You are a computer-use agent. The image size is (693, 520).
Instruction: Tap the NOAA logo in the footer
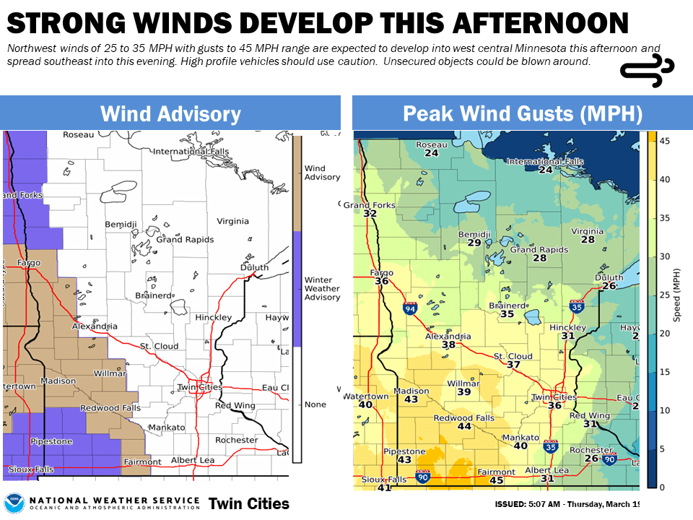[14, 503]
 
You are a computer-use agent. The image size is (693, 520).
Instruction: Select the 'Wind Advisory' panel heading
[170, 113]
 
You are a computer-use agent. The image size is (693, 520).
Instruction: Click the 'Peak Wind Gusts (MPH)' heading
[522, 113]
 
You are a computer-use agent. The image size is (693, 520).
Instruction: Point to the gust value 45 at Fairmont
[496, 481]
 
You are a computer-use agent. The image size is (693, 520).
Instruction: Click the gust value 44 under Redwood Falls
[464, 427]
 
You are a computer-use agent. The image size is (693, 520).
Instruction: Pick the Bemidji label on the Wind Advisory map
[121, 225]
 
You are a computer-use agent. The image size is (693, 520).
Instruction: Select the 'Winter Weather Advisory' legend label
[322, 288]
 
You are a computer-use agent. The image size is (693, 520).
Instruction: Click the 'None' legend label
[315, 404]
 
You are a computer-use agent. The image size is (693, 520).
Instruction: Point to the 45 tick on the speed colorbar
[664, 142]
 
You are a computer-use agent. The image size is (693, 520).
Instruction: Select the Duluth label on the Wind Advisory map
[254, 267]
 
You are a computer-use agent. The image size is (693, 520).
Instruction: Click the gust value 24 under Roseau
[432, 153]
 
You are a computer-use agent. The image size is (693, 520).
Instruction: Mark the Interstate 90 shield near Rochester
[610, 459]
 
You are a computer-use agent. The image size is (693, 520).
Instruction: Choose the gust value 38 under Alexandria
[449, 345]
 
